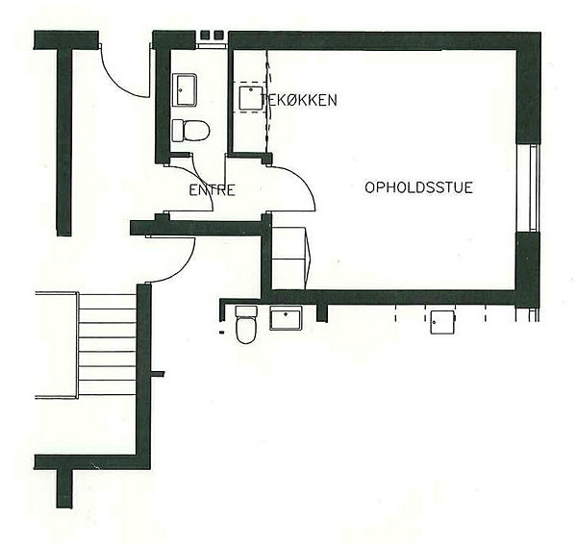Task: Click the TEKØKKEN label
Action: coord(298,100)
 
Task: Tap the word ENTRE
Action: coord(212,190)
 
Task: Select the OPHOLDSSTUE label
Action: coord(418,187)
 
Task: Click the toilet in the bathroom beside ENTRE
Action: coord(190,131)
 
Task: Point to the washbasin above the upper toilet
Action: coord(185,90)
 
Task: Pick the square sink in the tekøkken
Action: coord(251,98)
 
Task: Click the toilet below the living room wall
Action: coord(246,325)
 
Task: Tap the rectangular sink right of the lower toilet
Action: coord(286,318)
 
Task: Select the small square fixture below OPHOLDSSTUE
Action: coord(443,322)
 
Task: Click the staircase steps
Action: coord(108,345)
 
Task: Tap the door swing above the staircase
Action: coord(180,266)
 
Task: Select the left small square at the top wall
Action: coord(205,35)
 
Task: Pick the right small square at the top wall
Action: coord(219,35)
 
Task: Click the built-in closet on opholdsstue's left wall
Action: coord(290,259)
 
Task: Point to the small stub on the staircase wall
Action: coord(158,374)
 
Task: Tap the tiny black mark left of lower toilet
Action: coord(221,333)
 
